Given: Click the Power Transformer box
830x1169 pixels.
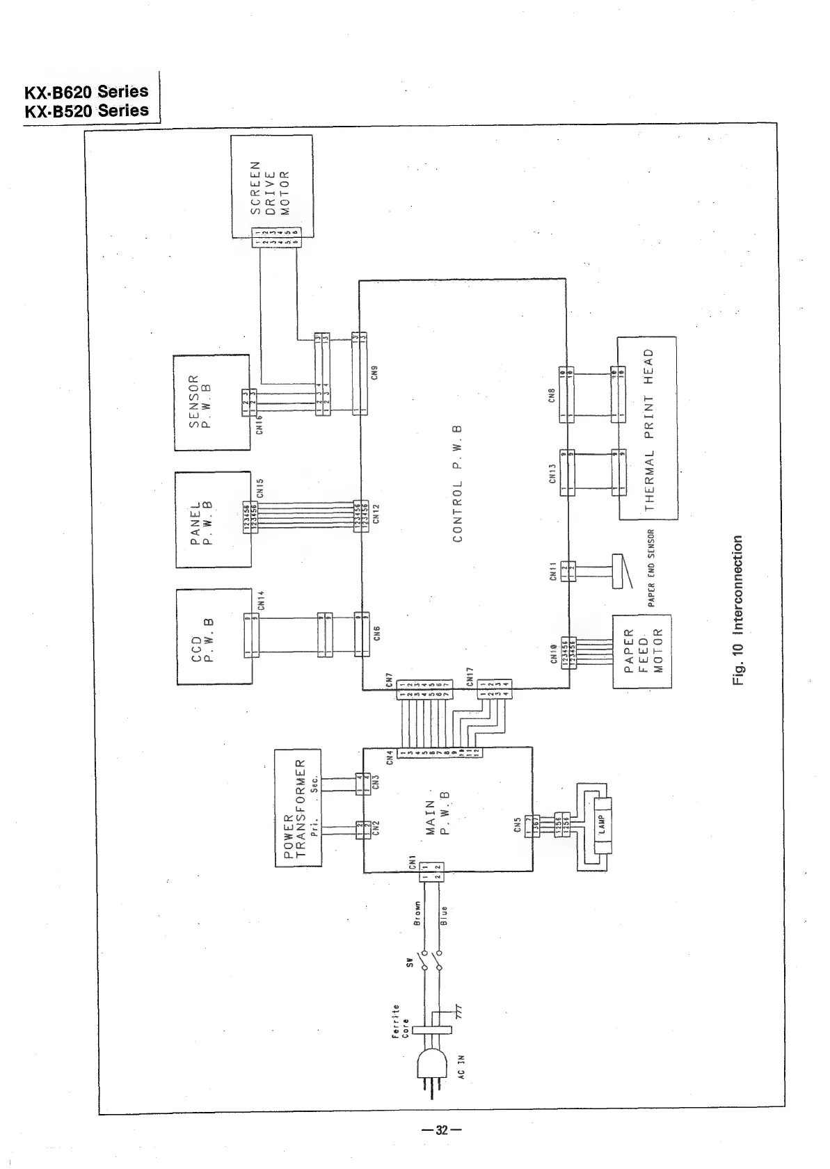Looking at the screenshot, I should (298, 807).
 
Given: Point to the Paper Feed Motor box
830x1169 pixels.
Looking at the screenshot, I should (641, 652).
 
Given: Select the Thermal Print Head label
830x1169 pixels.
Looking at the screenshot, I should (648, 429).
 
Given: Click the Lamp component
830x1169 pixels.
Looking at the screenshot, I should (602, 824).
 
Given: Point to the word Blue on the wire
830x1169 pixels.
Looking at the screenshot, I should (444, 915).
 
